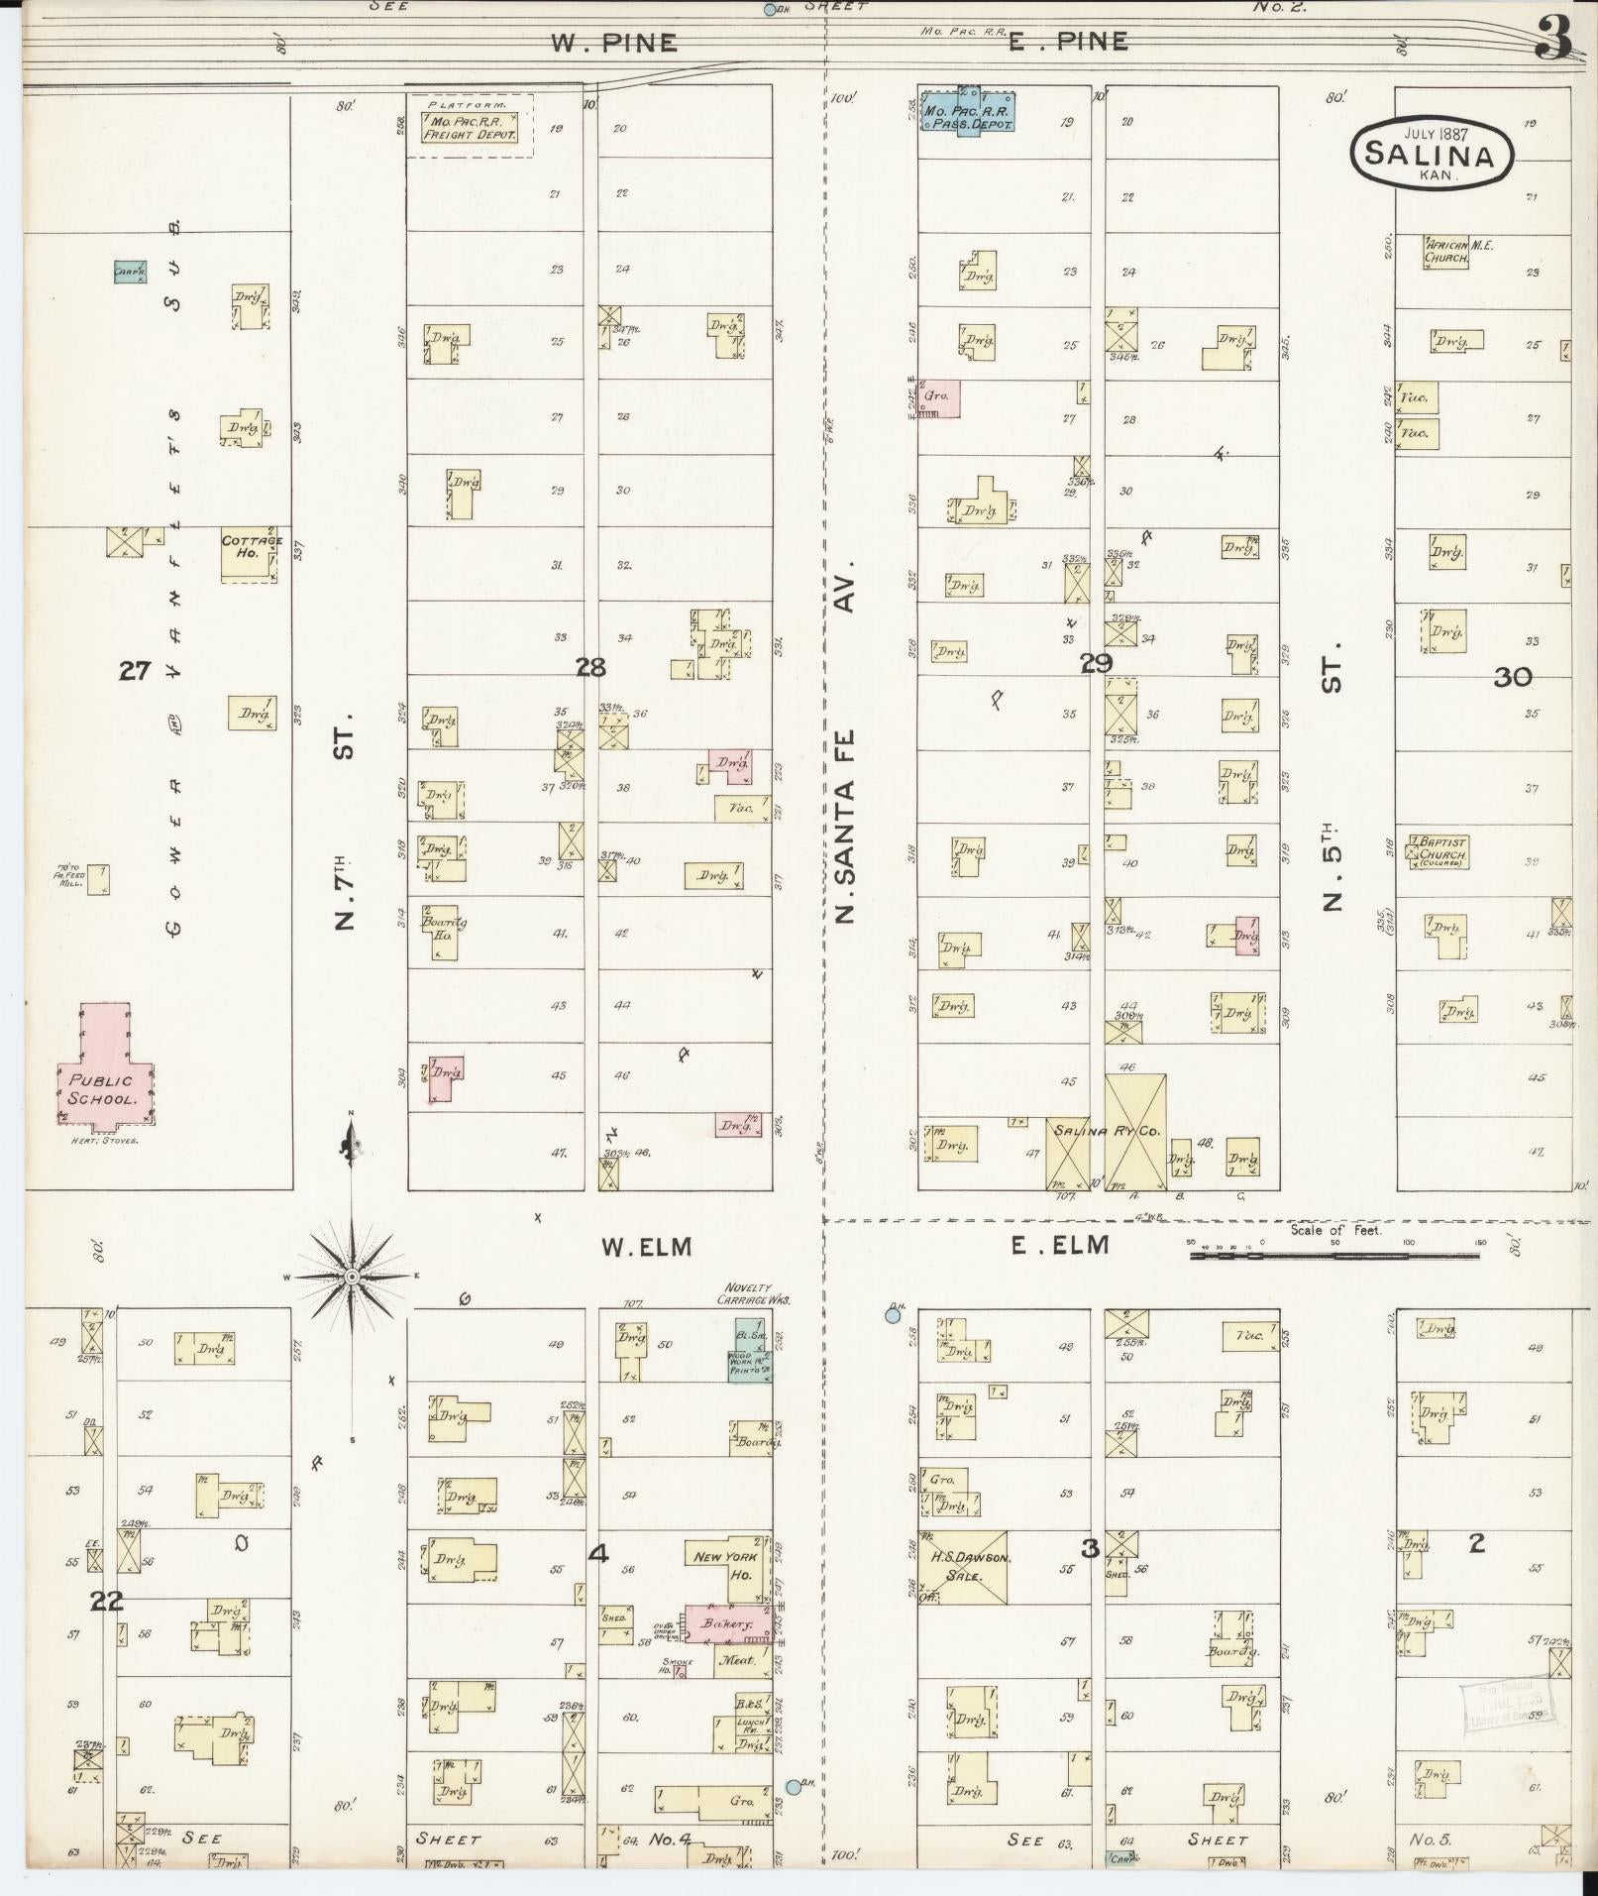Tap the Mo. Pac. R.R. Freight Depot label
tap(470, 128)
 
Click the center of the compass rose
tap(352, 1277)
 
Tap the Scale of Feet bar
tap(1333, 1255)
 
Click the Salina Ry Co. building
tap(1107, 1132)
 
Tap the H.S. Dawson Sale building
tap(964, 1569)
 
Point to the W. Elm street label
tap(646, 1247)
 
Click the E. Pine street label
tap(1068, 42)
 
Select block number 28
tap(590, 667)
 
